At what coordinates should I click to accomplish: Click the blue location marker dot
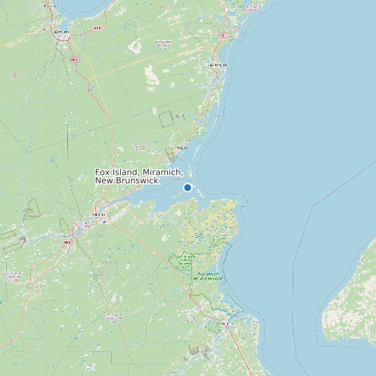pos(187,187)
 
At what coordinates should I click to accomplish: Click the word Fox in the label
pos(103,172)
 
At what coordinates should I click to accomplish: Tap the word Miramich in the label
pos(163,172)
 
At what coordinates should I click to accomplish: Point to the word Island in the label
pos(126,172)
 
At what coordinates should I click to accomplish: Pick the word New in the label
pos(104,180)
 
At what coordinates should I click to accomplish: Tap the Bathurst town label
pos(61,31)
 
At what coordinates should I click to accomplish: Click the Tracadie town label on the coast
pos(217,65)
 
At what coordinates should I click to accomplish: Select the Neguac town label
pos(182,147)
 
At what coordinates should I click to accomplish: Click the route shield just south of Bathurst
pos(74,60)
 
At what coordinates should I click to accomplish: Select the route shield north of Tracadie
pos(223,35)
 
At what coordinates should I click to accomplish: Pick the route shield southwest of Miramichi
pos(67,242)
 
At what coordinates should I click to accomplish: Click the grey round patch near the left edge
pos(15,75)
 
